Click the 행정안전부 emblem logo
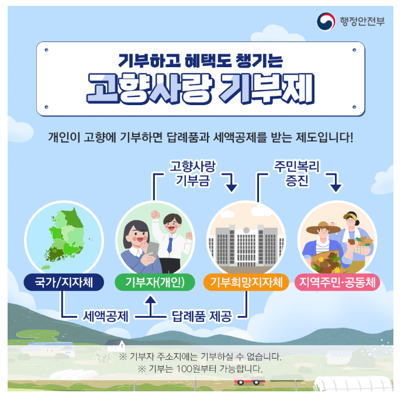326,22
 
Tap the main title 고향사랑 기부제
200,89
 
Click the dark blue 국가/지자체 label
64,283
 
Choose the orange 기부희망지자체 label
246,283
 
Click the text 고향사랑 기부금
192,173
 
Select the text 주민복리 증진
296,173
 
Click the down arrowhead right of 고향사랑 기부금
232,186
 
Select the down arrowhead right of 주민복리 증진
336,186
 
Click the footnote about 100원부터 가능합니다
200,369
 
